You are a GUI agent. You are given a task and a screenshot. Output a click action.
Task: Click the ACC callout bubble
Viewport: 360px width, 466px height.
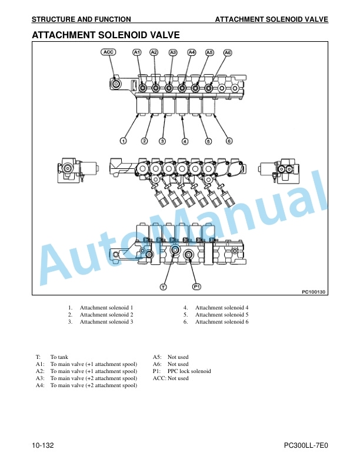[x=108, y=52]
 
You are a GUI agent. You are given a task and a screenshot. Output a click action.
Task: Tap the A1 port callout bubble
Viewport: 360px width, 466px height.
[x=136, y=52]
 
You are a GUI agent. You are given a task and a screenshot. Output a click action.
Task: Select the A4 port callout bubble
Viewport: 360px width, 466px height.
[x=192, y=52]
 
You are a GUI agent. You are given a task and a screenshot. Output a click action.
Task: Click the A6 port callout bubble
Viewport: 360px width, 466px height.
[x=228, y=52]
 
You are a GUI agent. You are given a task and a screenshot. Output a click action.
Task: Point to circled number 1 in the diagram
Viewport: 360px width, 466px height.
[x=124, y=141]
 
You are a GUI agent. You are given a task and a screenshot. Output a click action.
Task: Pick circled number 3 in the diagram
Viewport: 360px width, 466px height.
[x=162, y=141]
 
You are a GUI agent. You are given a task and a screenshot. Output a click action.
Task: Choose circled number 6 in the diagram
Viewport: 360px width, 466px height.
[x=229, y=141]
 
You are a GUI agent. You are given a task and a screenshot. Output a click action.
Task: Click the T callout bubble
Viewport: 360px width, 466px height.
[x=164, y=287]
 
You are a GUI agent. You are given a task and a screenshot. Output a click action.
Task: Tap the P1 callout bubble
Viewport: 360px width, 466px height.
[x=196, y=287]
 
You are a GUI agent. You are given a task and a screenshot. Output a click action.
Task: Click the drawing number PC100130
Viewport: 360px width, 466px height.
[x=314, y=292]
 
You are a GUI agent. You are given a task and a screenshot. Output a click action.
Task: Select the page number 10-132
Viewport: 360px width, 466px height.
[x=43, y=445]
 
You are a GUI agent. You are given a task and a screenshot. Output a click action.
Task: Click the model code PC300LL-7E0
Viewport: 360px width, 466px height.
[x=306, y=445]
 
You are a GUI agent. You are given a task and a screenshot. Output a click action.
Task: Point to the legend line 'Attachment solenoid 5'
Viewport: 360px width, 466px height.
[x=222, y=314]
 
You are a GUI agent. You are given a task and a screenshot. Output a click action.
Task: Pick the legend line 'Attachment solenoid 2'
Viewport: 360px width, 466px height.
[x=106, y=314]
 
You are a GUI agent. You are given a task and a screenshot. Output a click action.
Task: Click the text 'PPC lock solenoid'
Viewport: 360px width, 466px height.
[x=189, y=371]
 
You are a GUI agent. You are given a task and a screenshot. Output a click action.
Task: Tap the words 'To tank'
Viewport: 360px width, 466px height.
[x=59, y=357]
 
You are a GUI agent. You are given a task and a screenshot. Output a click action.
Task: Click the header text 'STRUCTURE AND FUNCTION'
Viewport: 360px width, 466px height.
[x=81, y=19]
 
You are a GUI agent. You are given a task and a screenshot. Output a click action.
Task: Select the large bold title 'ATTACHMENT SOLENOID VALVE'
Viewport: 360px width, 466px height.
[x=106, y=35]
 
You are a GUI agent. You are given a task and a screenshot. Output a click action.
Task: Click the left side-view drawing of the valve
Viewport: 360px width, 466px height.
[x=78, y=170]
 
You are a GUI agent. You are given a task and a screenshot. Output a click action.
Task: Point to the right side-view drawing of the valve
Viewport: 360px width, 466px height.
[x=279, y=170]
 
